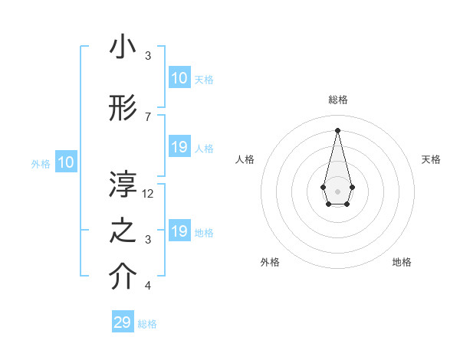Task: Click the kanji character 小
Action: (x=123, y=47)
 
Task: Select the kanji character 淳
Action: (x=123, y=185)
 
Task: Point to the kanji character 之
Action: (x=123, y=232)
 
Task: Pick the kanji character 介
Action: (x=123, y=278)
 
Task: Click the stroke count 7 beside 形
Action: (x=148, y=116)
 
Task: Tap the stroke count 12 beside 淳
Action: (x=149, y=193)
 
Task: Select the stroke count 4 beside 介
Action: (x=148, y=286)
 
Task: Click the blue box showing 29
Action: (x=123, y=322)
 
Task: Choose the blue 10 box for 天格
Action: (x=179, y=78)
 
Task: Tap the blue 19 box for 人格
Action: (x=179, y=147)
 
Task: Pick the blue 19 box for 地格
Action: (x=179, y=231)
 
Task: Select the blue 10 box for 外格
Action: (x=66, y=162)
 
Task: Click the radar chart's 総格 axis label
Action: (x=337, y=100)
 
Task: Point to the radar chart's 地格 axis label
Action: (x=402, y=262)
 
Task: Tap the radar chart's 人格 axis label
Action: (x=245, y=159)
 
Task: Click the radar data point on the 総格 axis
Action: (x=337, y=129)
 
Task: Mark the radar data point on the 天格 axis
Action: (x=352, y=187)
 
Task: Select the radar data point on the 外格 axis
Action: (x=328, y=205)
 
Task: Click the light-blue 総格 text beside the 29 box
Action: (x=147, y=324)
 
